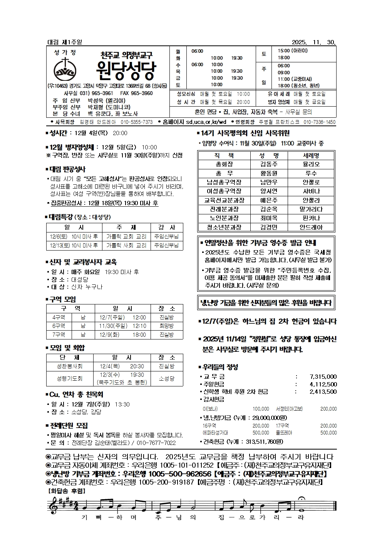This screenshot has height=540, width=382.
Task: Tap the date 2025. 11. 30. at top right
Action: (x=314, y=42)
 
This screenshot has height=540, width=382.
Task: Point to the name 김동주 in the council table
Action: (x=269, y=164)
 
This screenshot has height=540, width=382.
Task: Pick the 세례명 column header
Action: (x=311, y=155)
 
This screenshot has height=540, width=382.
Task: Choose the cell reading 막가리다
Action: (x=311, y=209)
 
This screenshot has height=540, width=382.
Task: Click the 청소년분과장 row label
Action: (x=224, y=227)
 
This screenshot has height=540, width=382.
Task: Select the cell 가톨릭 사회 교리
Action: (x=126, y=245)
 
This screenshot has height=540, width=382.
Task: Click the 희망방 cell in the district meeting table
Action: (x=167, y=326)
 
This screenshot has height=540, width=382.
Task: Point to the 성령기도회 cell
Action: (x=70, y=378)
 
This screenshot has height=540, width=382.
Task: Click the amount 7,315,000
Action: (x=323, y=377)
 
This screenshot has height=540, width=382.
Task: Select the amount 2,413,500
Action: (x=323, y=392)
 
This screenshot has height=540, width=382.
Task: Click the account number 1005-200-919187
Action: (x=166, y=482)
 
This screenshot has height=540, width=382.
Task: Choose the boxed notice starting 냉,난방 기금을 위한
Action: (x=266, y=303)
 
